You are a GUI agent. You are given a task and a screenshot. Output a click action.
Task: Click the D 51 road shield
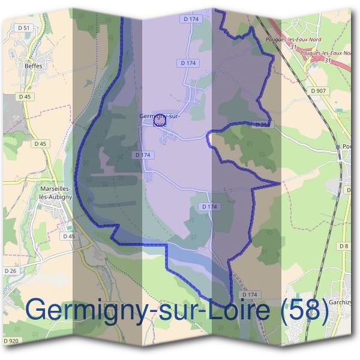[x=25, y=28]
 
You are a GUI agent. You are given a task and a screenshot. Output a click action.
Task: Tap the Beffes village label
[x=34, y=66]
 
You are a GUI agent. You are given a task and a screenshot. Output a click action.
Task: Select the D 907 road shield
[x=318, y=91]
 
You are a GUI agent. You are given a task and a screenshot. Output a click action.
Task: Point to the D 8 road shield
[x=343, y=246]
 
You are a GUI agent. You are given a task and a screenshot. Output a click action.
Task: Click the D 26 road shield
[x=11, y=270]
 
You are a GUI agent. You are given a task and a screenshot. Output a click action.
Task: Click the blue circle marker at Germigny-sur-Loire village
[x=159, y=119]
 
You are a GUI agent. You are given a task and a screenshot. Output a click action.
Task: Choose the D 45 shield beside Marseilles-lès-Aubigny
[x=69, y=236]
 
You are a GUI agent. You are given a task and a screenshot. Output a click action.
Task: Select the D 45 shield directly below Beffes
[x=25, y=97]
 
